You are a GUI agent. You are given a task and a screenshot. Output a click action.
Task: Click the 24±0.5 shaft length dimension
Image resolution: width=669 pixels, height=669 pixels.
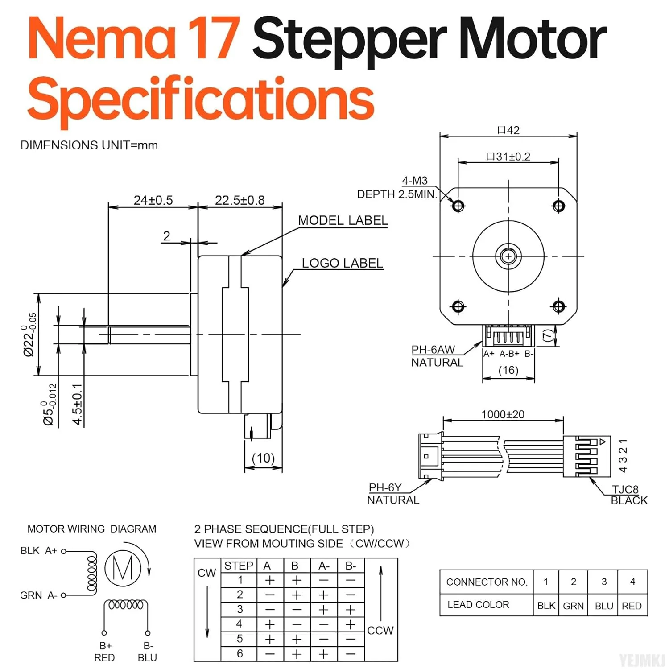click(153, 200)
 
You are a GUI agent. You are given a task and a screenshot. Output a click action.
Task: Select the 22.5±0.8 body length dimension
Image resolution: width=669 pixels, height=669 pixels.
click(240, 200)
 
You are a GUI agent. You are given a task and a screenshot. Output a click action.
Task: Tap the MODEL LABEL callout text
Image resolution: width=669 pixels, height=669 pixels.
click(343, 220)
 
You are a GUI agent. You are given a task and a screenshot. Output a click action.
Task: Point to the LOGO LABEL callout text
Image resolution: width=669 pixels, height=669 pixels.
click(342, 263)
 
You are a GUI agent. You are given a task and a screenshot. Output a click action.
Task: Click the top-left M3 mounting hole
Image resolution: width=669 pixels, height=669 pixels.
click(458, 206)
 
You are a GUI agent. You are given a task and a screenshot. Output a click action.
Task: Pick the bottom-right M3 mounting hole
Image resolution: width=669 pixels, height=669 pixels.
click(559, 306)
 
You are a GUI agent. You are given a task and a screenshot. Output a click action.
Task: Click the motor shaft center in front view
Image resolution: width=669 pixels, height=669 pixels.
click(508, 256)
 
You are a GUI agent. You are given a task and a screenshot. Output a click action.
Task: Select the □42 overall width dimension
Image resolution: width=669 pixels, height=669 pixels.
click(508, 130)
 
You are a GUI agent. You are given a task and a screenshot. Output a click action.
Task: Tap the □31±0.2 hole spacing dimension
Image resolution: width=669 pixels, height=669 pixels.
click(508, 157)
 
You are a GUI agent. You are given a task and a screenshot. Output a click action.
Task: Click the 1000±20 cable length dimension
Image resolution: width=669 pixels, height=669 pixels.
click(503, 414)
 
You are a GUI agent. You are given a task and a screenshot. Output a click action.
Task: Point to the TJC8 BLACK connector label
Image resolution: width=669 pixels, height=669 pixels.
click(628, 495)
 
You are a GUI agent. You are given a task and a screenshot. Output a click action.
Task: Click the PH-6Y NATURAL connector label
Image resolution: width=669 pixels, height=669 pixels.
click(392, 494)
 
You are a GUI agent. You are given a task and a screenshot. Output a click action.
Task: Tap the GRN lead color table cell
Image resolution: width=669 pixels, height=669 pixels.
click(573, 606)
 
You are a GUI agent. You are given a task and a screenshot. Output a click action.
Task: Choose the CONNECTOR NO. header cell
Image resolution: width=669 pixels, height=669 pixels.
click(487, 582)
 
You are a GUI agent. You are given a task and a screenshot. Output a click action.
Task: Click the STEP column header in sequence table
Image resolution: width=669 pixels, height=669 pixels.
click(239, 566)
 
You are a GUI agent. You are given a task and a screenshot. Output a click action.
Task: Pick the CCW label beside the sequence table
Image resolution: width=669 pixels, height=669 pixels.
click(380, 630)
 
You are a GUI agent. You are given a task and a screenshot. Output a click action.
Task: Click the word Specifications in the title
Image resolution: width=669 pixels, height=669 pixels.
click(201, 99)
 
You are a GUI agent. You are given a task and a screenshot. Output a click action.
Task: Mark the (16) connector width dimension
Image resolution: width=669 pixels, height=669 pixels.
click(508, 370)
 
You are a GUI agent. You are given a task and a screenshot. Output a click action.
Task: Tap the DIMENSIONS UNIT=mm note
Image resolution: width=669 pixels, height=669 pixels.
click(89, 145)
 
